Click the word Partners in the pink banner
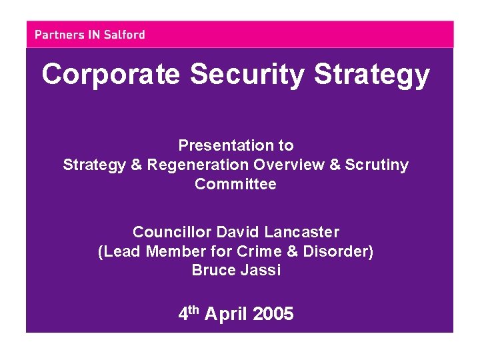point(59,35)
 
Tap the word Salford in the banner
point(125,35)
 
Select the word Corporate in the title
point(111,75)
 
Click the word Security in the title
point(248,75)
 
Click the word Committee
point(235,184)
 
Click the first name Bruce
point(210,270)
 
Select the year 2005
point(273,314)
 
